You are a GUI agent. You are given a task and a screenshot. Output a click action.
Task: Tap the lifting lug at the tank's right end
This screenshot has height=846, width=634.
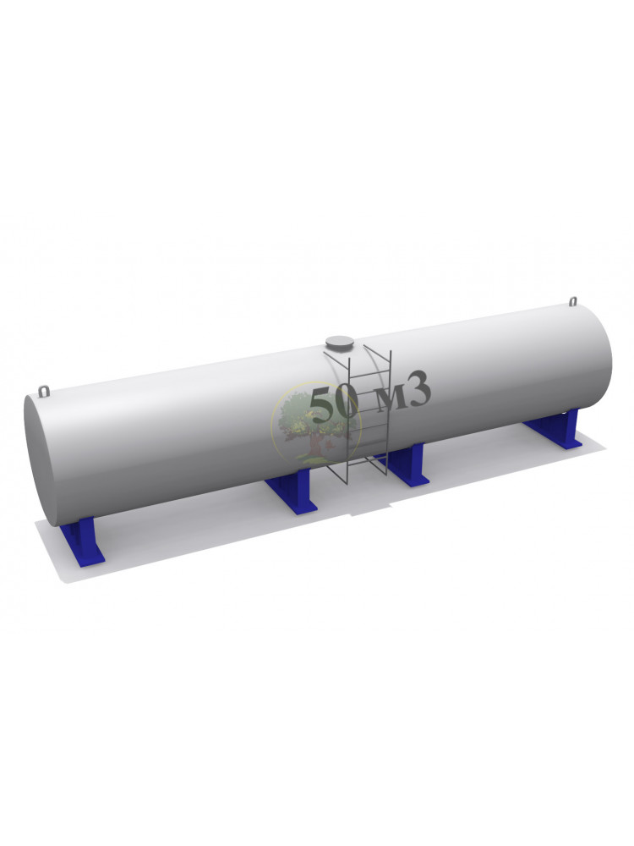573,300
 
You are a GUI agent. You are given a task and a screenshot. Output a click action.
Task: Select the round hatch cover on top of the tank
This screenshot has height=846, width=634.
340,343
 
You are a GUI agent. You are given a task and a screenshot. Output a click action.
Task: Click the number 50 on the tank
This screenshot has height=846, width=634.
334,404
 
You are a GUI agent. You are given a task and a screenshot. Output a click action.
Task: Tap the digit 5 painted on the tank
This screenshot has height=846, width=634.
322,404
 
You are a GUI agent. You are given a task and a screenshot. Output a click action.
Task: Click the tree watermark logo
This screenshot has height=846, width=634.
315,426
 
